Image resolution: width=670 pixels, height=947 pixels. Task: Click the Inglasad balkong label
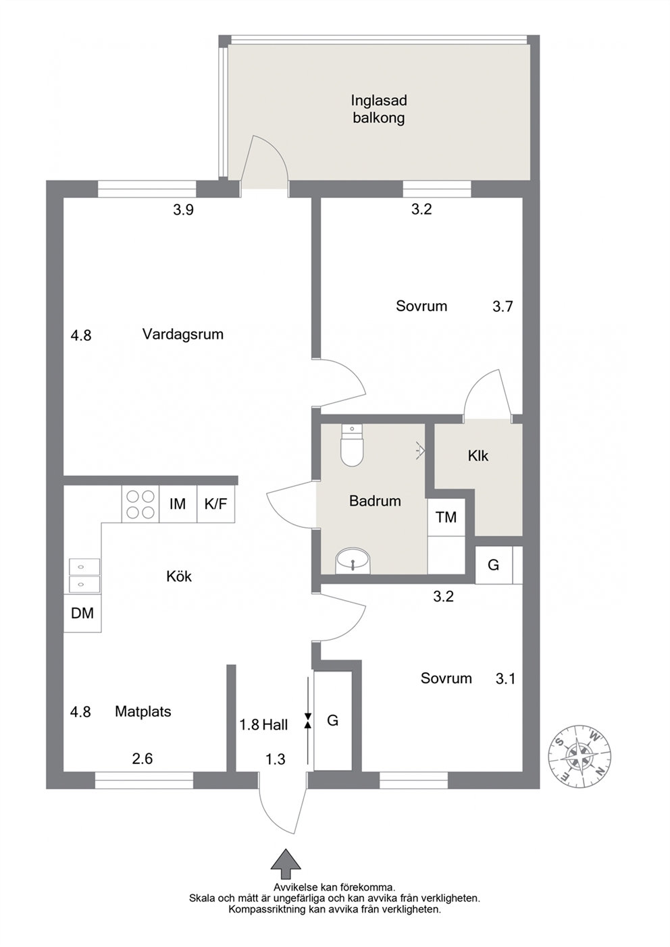coord(379,109)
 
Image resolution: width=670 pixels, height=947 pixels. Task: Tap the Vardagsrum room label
coord(183,334)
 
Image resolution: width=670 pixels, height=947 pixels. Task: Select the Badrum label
coord(375,501)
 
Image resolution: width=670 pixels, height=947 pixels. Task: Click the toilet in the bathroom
coord(353,445)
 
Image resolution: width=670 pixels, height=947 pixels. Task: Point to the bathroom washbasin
coord(353,562)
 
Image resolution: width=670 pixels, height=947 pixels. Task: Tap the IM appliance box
coord(178,504)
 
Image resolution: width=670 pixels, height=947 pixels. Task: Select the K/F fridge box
coord(215,504)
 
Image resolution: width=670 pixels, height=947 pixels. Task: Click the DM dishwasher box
coord(82,613)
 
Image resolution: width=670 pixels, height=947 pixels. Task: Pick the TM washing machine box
coord(446,518)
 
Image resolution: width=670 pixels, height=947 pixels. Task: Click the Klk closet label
coord(478,456)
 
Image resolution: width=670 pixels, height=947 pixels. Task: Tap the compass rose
coord(580,755)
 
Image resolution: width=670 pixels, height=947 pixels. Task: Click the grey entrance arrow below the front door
coord(286,865)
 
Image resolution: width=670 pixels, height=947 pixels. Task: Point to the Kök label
coord(179,576)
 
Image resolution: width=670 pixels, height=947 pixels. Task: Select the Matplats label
coord(143,711)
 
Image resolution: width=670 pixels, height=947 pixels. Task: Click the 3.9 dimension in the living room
coord(184,210)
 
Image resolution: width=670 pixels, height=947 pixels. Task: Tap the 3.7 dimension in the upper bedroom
coord(502,306)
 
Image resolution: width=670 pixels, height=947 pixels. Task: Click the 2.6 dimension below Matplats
coord(142,759)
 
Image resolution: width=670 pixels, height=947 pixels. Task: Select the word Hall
coord(275,725)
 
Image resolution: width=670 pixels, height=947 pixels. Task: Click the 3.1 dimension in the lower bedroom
coord(505,678)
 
